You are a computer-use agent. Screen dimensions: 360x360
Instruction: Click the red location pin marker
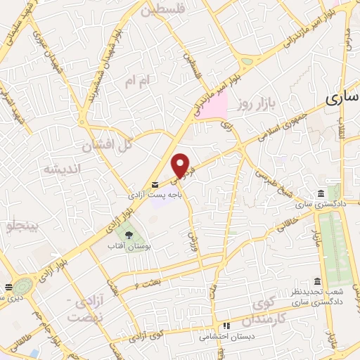(x=181, y=165)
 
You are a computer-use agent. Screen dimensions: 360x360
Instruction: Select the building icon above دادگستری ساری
(x=321, y=193)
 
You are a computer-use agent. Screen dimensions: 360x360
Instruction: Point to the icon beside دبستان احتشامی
(x=226, y=326)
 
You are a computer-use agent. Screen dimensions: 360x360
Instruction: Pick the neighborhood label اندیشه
(x=63, y=169)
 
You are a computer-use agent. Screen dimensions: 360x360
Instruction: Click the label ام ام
(x=138, y=82)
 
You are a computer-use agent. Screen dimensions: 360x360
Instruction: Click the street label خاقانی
(x=289, y=222)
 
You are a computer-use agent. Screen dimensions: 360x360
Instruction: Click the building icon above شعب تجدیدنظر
(x=319, y=281)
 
